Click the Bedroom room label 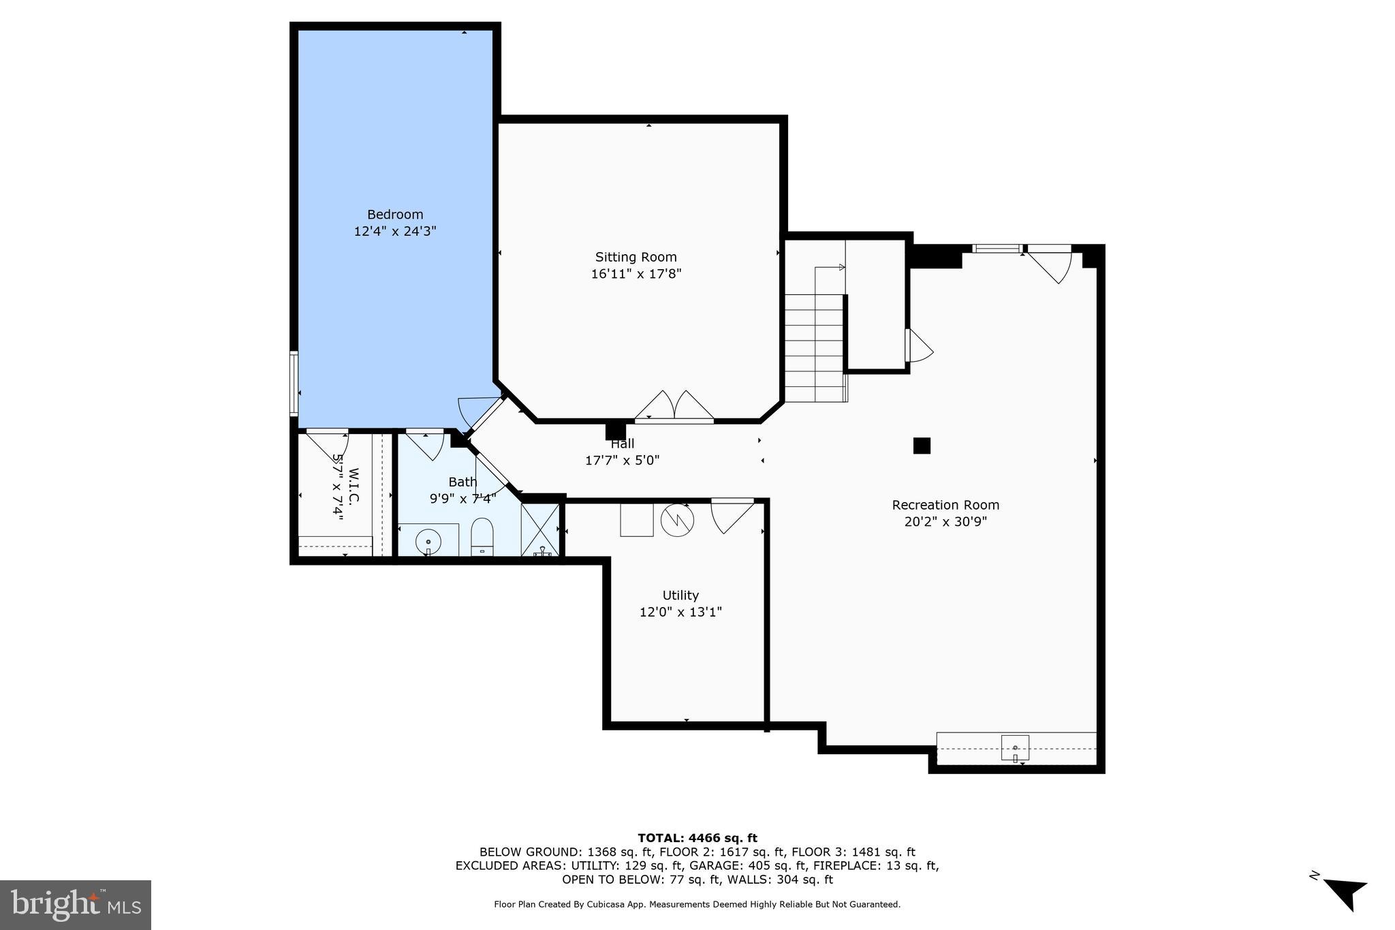[x=395, y=215]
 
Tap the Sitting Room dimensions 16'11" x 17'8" [x=636, y=274]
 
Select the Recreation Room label [x=945, y=505]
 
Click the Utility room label [x=680, y=595]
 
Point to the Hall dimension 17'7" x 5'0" [x=622, y=461]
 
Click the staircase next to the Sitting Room [x=815, y=347]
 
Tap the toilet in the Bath [x=482, y=536]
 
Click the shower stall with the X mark [x=540, y=529]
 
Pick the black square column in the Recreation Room [x=922, y=446]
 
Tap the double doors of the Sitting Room [x=674, y=407]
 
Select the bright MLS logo [x=76, y=905]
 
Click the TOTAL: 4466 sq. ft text [x=697, y=838]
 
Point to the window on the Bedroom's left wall [x=294, y=383]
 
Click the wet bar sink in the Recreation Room [x=1015, y=748]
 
